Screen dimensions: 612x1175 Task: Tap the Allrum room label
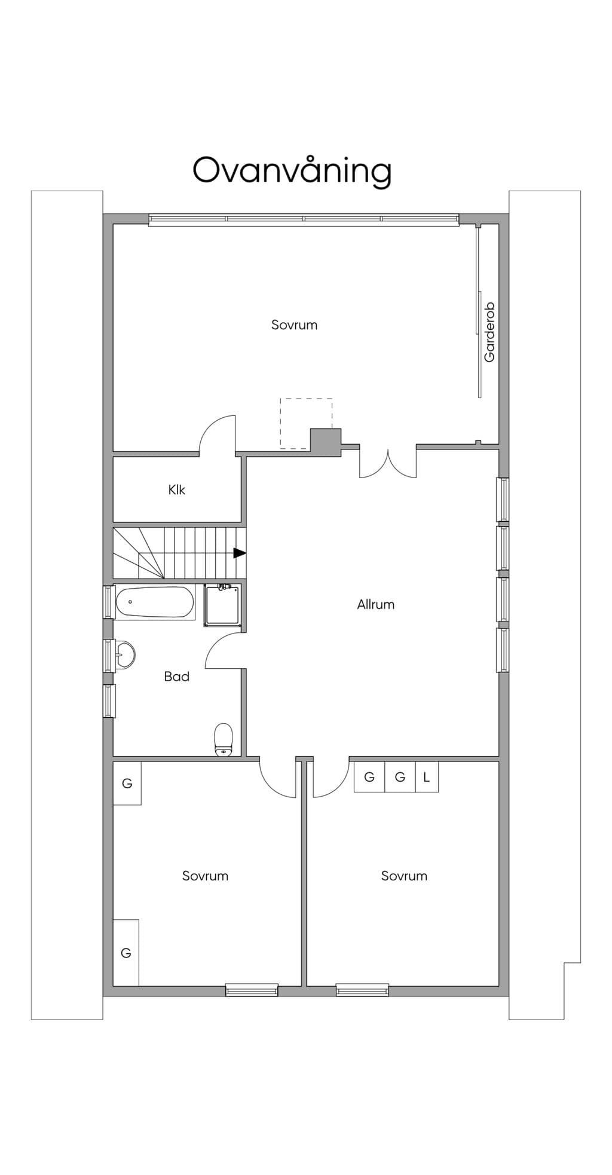coord(375,604)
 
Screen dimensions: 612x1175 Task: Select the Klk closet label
coord(177,489)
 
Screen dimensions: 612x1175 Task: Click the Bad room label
coord(177,676)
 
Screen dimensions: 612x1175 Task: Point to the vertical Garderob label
coord(489,332)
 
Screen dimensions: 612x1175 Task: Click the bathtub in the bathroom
coord(155,602)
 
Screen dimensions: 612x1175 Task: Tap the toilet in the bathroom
coord(224,739)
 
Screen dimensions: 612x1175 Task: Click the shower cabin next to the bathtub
coord(223,605)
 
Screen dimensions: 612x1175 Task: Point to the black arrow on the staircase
coord(240,553)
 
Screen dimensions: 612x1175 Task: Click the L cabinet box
coord(427,777)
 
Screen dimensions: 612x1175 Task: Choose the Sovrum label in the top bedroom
coord(294,325)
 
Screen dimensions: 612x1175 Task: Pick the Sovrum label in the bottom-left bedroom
coord(205,876)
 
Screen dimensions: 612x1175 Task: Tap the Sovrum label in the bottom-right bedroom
coord(404,876)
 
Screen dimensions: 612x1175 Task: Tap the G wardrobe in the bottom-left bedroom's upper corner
coord(127,783)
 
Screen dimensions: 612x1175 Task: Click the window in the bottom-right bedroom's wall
coord(362,990)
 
